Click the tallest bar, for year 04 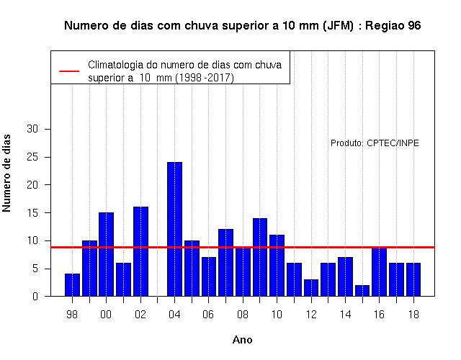tap(174, 229)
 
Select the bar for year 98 tap(72, 285)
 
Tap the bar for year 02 tap(141, 251)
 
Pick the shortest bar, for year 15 tap(362, 291)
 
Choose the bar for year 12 tap(311, 288)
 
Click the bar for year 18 tap(413, 279)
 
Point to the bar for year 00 tap(106, 254)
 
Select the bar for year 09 tap(260, 257)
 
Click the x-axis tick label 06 tap(208, 315)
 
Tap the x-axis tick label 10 tap(277, 315)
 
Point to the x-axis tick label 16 tap(380, 315)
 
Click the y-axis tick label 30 tap(32, 129)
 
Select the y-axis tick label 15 tap(32, 212)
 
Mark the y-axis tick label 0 tap(35, 296)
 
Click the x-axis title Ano tap(243, 340)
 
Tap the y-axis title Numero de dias tap(6, 174)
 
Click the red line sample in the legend tap(69, 71)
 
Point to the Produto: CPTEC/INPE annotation tap(375, 143)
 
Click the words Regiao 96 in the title tap(393, 26)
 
